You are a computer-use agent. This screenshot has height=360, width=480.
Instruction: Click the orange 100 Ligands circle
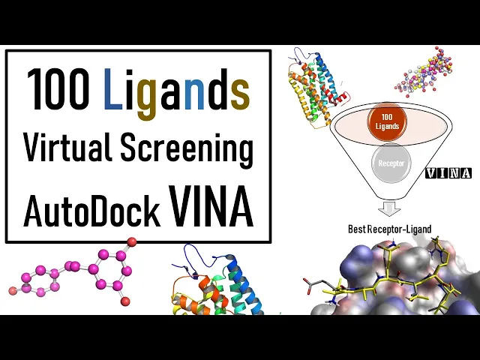[x=387, y=121]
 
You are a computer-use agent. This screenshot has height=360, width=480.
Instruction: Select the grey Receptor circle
[x=387, y=162]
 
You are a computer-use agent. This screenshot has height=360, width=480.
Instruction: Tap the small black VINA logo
[x=448, y=173]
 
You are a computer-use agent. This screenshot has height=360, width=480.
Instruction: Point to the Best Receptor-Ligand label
[x=389, y=229]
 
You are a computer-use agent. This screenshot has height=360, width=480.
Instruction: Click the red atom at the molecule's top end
[x=132, y=241]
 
